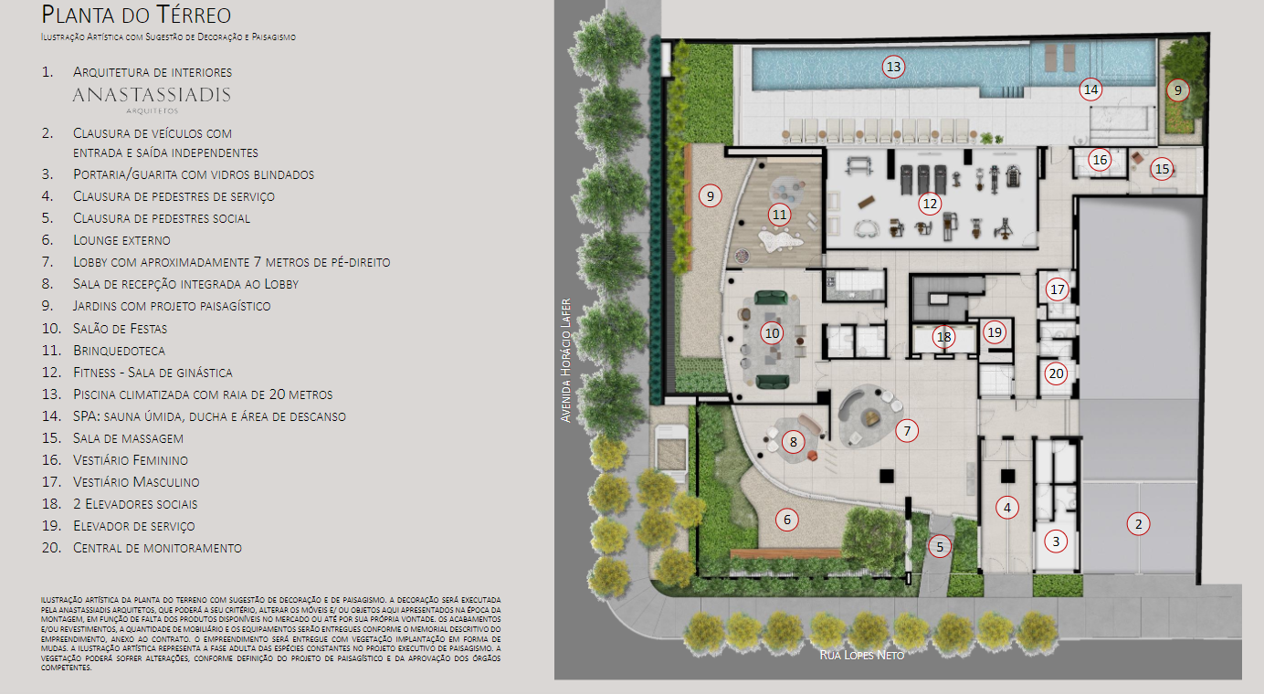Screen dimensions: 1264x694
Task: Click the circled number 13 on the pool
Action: point(893,68)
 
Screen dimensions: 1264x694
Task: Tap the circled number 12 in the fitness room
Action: point(930,204)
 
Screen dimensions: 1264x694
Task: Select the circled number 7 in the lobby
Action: point(907,431)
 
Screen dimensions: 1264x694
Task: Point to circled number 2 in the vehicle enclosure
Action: point(1138,524)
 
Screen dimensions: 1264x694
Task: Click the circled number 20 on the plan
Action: point(1056,373)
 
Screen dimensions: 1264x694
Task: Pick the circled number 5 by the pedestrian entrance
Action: point(940,546)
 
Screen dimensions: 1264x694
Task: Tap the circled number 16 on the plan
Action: point(1100,160)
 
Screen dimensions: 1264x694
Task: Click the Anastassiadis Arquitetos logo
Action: point(152,100)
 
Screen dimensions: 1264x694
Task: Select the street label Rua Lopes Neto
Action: point(861,655)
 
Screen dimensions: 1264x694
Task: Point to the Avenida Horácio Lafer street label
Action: point(565,360)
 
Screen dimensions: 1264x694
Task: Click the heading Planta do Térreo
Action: point(136,15)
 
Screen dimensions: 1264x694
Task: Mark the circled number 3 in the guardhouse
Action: point(1056,542)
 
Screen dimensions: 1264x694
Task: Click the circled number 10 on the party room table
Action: point(772,333)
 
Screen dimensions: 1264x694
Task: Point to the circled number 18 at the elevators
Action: point(943,337)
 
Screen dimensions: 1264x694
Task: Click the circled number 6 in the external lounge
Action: point(786,520)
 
